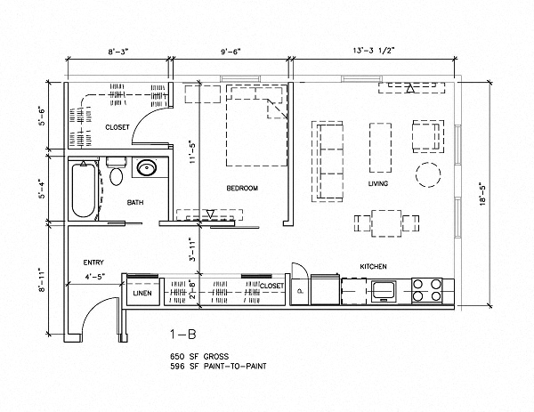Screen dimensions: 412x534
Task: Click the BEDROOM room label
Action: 241,189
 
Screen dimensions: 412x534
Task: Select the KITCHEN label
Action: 373,267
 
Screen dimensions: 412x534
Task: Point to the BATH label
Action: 135,203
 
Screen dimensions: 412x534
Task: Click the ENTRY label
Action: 94,263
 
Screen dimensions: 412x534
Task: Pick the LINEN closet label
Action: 142,293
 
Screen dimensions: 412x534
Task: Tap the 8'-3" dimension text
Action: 118,52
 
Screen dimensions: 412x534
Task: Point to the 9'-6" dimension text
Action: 231,52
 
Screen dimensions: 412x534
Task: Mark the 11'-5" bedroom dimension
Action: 190,155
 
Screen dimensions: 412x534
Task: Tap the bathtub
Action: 82,188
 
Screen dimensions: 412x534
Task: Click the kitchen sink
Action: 386,288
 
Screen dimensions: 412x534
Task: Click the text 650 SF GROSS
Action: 200,355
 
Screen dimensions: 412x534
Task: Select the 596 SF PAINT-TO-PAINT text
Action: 218,366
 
